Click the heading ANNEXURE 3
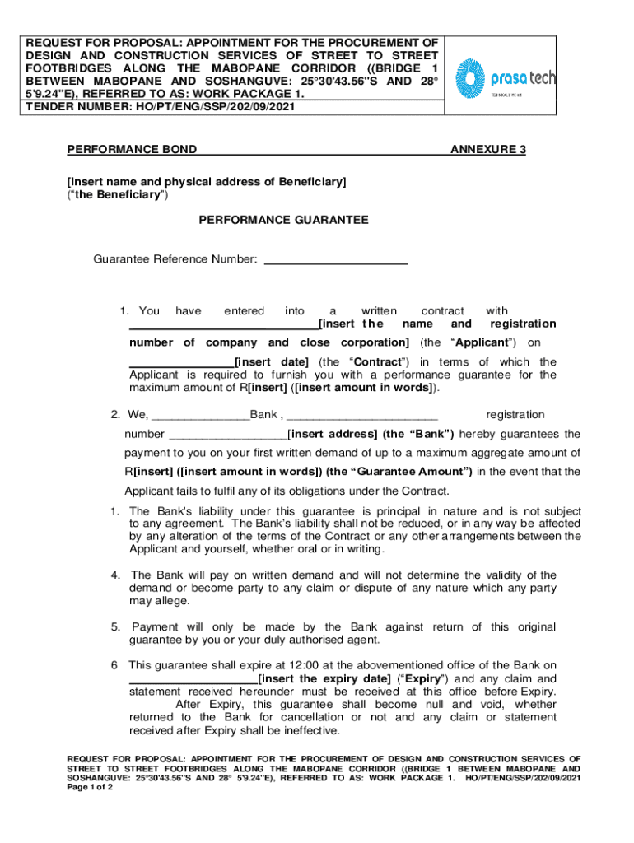487,149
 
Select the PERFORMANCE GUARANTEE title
283,220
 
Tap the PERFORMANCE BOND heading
132,149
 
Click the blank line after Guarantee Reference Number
334,259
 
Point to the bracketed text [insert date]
272,361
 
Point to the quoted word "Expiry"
422,678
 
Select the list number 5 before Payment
116,626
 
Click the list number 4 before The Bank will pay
116,575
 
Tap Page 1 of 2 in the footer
90,787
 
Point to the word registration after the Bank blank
515,414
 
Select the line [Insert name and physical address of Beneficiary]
206,181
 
